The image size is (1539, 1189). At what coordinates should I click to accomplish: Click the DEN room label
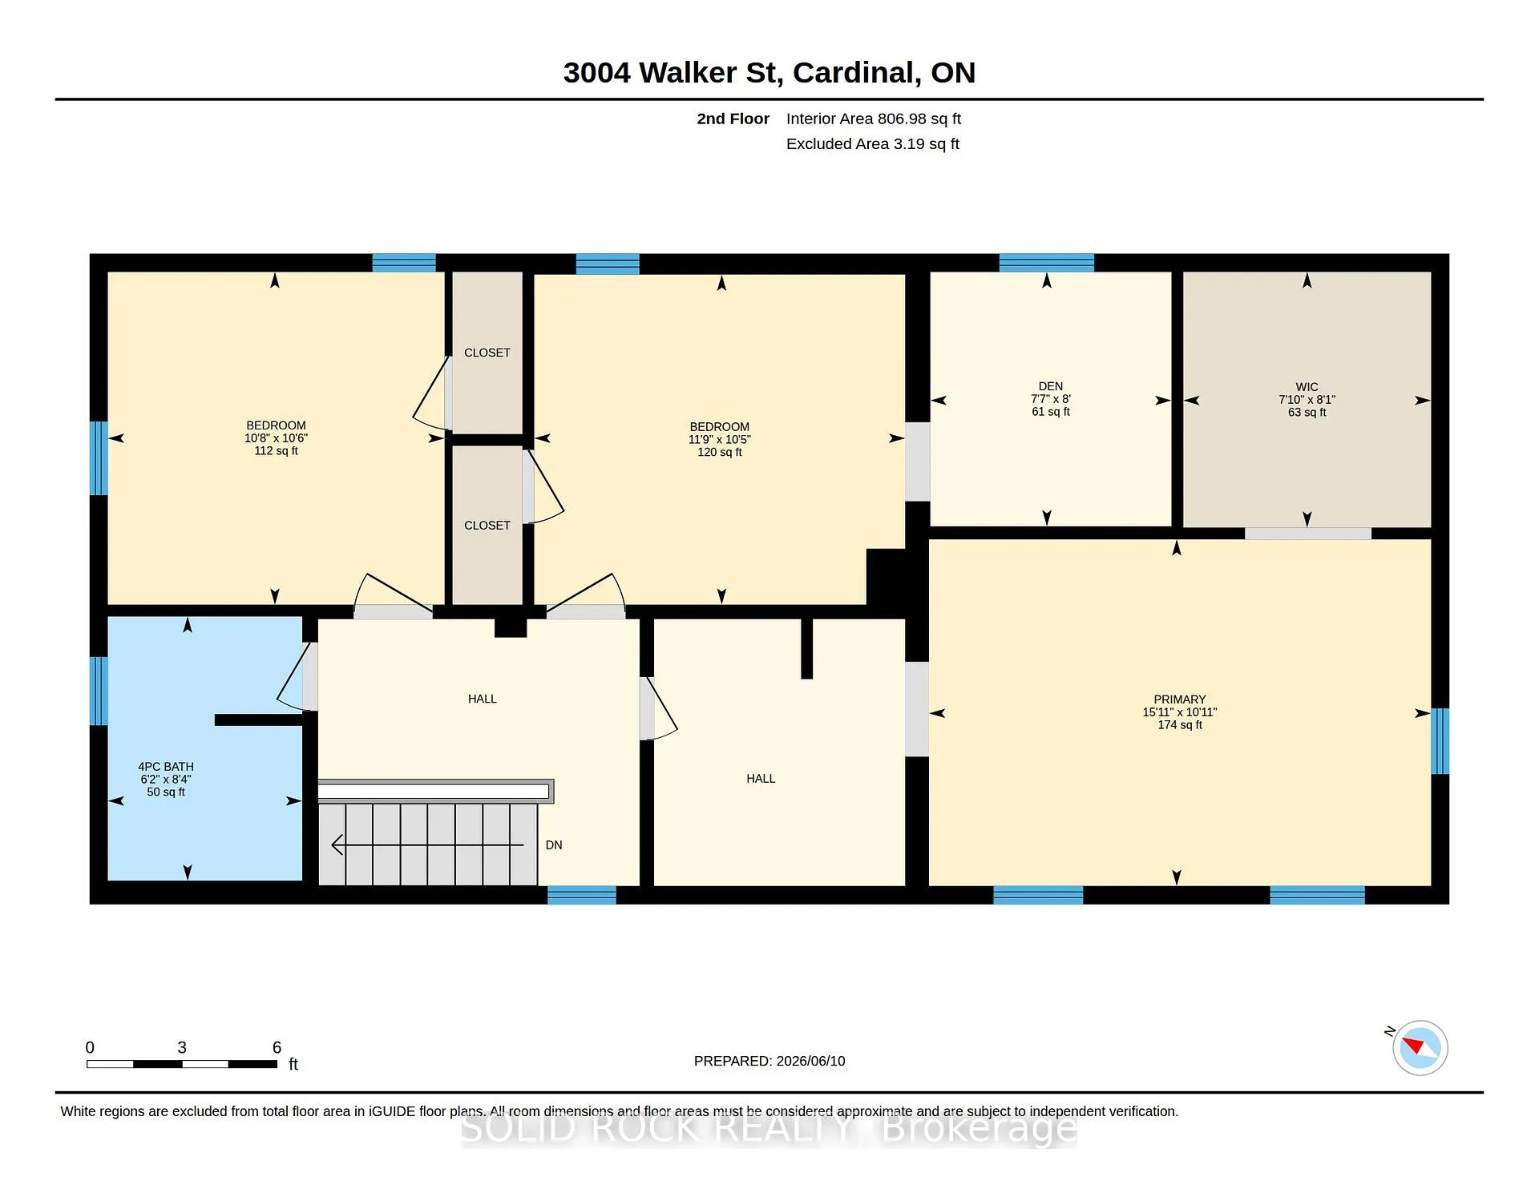coord(1050,386)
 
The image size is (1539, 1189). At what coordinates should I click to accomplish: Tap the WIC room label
coord(1307,387)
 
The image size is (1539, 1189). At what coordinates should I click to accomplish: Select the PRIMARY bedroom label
coord(1180,699)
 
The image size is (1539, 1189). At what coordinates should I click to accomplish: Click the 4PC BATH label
coord(166,767)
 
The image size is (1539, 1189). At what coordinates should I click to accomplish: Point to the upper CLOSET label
coord(487,353)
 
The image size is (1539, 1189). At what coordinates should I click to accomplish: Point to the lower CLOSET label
coord(487,526)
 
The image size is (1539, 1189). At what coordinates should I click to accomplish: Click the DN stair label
coord(554,845)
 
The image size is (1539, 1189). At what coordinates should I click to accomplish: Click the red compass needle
coord(1412,1045)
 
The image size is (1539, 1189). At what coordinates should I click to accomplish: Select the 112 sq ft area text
coord(277,451)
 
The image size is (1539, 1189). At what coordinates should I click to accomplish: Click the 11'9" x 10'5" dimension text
coord(720,440)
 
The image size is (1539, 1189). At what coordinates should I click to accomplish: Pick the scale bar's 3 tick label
coord(182,1047)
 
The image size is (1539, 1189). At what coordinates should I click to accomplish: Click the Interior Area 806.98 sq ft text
coord(874,119)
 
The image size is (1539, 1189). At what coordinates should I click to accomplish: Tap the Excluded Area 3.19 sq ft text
coord(873,143)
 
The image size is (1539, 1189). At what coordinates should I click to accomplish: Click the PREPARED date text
coord(769,1061)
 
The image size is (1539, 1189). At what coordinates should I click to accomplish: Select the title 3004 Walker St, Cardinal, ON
coord(769,72)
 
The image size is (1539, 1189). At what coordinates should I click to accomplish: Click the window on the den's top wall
coord(1047,263)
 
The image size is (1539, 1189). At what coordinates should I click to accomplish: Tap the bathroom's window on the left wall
coord(99,691)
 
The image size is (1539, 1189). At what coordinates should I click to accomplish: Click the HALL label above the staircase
coord(483,699)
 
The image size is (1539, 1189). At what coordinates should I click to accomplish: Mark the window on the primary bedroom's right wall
coord(1440,741)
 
